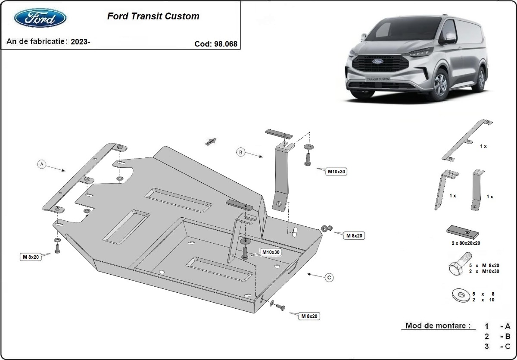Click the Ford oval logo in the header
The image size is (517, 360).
pyautogui.click(x=40, y=19)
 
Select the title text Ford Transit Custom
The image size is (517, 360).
pyautogui.click(x=153, y=16)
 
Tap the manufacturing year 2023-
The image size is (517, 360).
pyautogui.click(x=81, y=41)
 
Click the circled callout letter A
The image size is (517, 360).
pyautogui.click(x=42, y=164)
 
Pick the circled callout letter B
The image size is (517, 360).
pyautogui.click(x=241, y=152)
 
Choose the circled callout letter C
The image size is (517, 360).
pyautogui.click(x=329, y=278)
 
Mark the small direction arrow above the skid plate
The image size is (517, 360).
pyautogui.click(x=210, y=141)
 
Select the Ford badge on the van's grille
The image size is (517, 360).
pyautogui.click(x=378, y=61)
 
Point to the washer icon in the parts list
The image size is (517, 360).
pyautogui.click(x=460, y=295)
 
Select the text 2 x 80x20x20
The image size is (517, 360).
pyautogui.click(x=466, y=243)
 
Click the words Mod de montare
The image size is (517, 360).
pyautogui.click(x=438, y=326)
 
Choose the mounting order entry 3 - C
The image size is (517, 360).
pyautogui.click(x=498, y=346)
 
